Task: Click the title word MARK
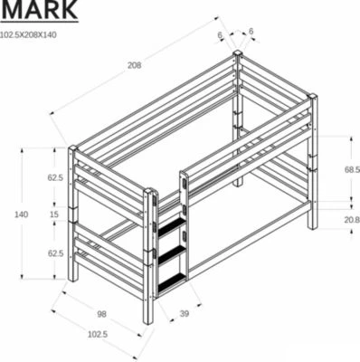(39, 9)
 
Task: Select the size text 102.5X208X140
(28, 34)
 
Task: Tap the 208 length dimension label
(134, 65)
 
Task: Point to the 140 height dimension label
(22, 214)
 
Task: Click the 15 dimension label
(54, 214)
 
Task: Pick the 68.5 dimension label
(352, 170)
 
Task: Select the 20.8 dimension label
(352, 220)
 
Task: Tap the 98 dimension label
(101, 314)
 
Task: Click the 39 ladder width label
(184, 314)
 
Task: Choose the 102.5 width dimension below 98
(98, 334)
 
